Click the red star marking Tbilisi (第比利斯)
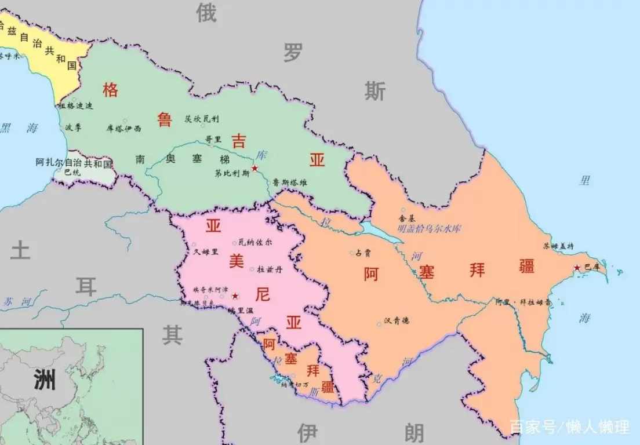pos(254,168)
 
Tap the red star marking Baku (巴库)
pos(577,268)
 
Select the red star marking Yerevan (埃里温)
pos(235,296)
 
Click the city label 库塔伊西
pos(123,129)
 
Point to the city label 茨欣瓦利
pos(202,119)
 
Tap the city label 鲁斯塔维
pos(290,183)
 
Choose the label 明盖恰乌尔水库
pos(429,229)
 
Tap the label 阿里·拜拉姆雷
pos(523,302)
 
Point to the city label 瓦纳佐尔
pos(255,242)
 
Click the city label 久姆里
pos(206,251)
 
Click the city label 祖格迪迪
pos(75,106)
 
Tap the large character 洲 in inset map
pos(44,381)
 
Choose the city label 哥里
pos(213,139)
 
